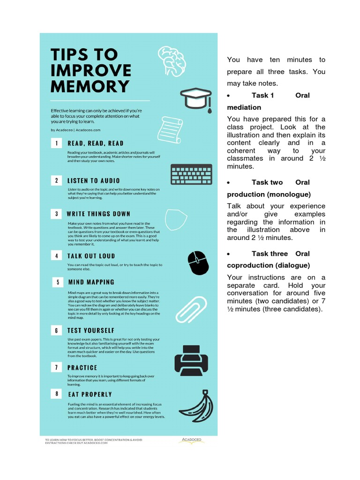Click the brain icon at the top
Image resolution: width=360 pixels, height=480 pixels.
[172, 60]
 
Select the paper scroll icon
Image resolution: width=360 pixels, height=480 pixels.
[169, 130]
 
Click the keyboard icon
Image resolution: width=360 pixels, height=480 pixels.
[191, 174]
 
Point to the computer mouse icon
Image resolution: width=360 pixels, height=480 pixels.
[197, 263]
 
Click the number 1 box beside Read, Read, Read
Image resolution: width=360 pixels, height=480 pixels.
[56, 143]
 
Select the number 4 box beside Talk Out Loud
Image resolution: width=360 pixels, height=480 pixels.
[56, 256]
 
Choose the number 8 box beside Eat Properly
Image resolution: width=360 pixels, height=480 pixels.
[57, 394]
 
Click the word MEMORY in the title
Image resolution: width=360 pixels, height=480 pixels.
[90, 86]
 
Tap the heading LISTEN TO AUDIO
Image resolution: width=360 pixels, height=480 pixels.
[93, 180]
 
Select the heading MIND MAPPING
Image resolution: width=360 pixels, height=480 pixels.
[91, 282]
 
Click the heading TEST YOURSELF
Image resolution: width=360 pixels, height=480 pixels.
[91, 330]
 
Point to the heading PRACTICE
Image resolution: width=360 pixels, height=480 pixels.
[82, 368]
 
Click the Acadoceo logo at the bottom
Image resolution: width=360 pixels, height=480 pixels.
[193, 441]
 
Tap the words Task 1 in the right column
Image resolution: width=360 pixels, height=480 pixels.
[262, 95]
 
